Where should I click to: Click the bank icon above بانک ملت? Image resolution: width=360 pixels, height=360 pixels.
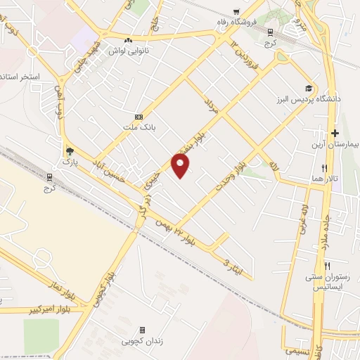139,116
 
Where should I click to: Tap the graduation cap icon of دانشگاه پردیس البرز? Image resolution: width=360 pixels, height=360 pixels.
307,89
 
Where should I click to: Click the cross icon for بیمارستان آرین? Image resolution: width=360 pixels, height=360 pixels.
335,133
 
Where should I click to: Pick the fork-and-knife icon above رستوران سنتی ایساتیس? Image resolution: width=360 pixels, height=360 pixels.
328,266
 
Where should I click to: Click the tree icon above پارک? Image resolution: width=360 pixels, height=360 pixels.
69,151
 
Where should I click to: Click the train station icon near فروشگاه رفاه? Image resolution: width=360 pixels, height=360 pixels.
270,32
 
